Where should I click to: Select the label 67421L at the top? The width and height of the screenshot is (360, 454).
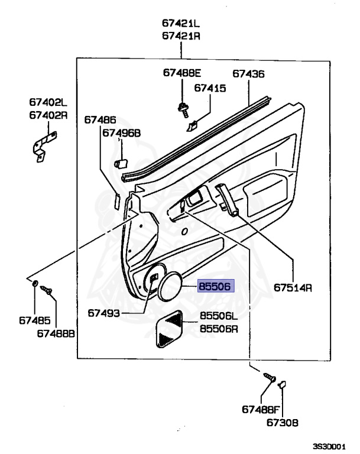181,23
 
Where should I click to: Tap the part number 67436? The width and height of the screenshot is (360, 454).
248,74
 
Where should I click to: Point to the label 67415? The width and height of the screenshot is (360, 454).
210,88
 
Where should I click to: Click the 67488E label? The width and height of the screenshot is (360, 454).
182,73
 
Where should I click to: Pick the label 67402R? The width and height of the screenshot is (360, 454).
48,115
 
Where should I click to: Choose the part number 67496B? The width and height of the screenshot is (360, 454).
122,133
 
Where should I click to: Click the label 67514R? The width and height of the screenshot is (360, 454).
293,287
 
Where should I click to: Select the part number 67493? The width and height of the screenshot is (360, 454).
103,313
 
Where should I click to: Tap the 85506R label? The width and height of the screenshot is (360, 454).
219,329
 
